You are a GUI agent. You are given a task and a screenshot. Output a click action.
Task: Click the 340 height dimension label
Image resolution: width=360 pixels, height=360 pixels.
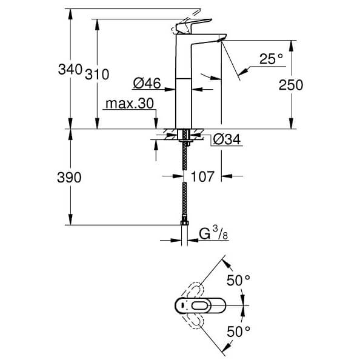pyautogui.click(x=70, y=69)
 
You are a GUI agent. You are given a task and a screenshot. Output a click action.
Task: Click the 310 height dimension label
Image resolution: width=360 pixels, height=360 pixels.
pyautogui.click(x=97, y=75)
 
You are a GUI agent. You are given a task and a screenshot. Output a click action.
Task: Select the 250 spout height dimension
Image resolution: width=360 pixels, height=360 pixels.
pyautogui.click(x=291, y=85)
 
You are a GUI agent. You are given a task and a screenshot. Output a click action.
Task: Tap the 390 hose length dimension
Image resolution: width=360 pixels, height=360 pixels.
pyautogui.click(x=69, y=178)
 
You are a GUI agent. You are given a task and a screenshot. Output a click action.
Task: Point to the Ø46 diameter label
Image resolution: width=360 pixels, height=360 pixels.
pyautogui.click(x=147, y=83)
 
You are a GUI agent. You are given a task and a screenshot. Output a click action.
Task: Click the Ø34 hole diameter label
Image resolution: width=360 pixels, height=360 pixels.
pyautogui.click(x=227, y=139)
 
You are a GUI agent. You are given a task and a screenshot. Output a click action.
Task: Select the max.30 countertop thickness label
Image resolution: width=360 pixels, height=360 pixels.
pyautogui.click(x=130, y=104)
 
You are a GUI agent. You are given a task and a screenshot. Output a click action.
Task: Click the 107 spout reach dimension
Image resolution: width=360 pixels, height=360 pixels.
pyautogui.click(x=202, y=176)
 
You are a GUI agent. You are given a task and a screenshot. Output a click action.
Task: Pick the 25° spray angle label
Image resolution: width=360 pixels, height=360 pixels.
pyautogui.click(x=271, y=59)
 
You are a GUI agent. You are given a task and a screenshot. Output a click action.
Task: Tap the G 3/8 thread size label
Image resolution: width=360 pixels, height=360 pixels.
pyautogui.click(x=213, y=233)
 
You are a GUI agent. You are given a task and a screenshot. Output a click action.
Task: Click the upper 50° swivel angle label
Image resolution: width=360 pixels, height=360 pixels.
pyautogui.click(x=238, y=281)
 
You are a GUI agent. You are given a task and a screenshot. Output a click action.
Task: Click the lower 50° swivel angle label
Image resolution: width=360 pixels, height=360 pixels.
pyautogui.click(x=238, y=332)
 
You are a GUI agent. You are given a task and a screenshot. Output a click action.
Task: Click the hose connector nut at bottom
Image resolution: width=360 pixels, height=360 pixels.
pyautogui.click(x=184, y=221)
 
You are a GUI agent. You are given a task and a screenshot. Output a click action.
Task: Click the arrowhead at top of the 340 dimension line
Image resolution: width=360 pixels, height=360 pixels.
pyautogui.click(x=70, y=14)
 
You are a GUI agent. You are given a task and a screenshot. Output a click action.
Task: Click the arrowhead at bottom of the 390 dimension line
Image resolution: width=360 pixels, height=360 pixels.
pyautogui.click(x=70, y=219)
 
